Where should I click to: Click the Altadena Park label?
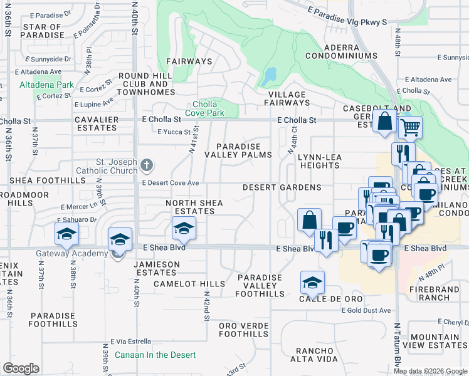(x=46, y=85)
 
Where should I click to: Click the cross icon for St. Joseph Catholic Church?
(x=147, y=166)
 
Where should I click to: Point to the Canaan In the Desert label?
(x=155, y=355)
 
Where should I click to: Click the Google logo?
(x=21, y=368)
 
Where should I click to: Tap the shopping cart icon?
(x=410, y=128)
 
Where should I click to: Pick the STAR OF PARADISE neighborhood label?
(x=42, y=31)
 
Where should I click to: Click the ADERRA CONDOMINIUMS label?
(x=341, y=52)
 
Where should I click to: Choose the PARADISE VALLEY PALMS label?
(x=244, y=150)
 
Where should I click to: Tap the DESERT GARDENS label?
(x=282, y=187)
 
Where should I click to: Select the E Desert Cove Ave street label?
(x=171, y=183)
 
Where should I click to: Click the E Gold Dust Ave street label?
(x=366, y=310)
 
